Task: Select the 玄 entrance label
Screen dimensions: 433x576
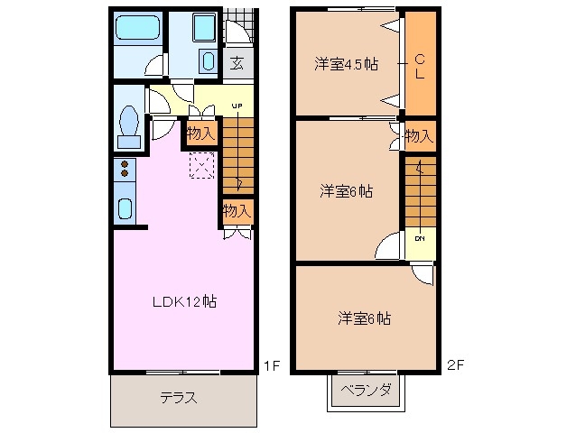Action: [x=237, y=62]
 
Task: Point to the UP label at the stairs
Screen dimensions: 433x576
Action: [x=237, y=106]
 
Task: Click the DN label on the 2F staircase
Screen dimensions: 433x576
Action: [x=420, y=239]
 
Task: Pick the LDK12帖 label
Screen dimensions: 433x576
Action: [x=182, y=300]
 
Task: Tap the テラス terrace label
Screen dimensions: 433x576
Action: [x=179, y=397]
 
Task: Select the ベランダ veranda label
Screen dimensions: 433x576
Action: [x=366, y=391]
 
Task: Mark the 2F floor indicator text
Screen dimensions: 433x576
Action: [x=455, y=365]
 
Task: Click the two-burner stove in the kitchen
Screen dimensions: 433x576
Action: [x=125, y=168]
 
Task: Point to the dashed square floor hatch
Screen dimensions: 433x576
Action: [x=200, y=164]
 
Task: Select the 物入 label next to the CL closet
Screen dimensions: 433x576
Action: [x=418, y=136]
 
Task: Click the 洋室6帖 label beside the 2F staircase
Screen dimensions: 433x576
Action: [x=347, y=191]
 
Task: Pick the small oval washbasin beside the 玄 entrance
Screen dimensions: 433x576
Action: [x=208, y=61]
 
